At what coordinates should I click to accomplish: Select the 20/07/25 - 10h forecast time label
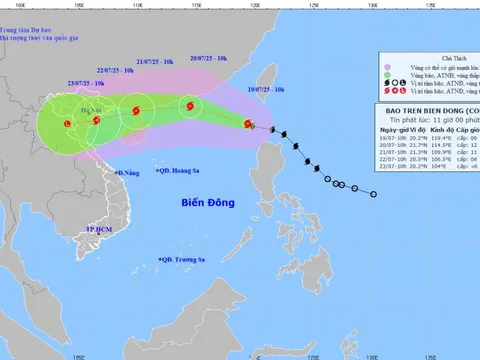pos(207,59)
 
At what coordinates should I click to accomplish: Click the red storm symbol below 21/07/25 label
pos(136,123)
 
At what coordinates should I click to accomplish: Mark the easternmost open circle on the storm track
pos(372,194)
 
